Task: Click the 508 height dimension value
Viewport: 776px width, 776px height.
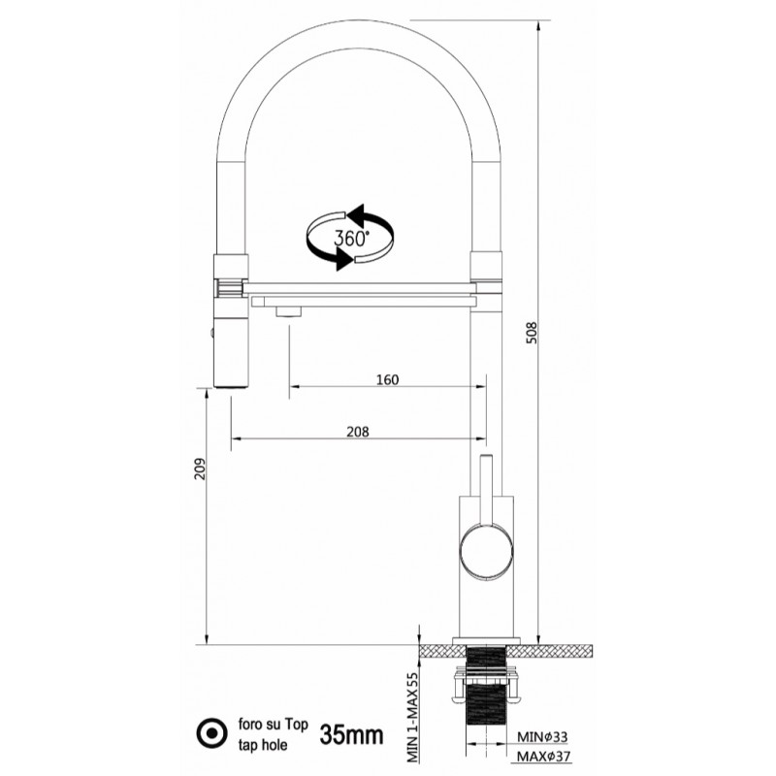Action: (532, 333)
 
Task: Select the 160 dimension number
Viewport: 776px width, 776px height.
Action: (387, 379)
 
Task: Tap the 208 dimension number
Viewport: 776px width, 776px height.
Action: (357, 432)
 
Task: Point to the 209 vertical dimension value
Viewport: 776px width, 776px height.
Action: (200, 469)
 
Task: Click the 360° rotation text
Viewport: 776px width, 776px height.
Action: (351, 238)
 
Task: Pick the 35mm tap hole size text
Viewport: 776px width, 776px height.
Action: (351, 735)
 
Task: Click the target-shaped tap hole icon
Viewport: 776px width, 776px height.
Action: (211, 733)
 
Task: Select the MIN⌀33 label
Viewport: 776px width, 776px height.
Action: (542, 737)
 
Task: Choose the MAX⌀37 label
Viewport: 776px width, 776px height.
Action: (544, 757)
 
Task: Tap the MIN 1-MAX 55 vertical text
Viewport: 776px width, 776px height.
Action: (412, 717)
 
